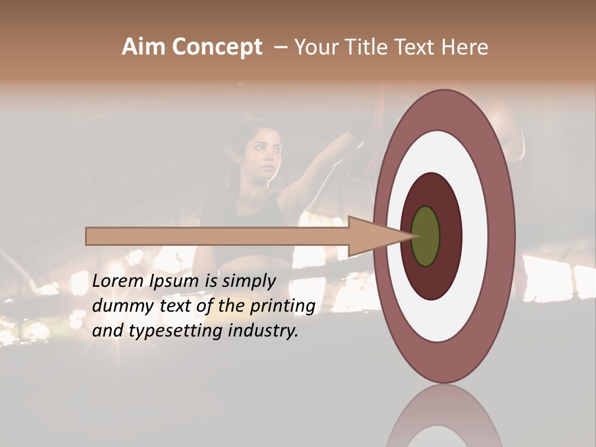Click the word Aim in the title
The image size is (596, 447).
(x=143, y=47)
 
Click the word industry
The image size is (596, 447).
(x=263, y=331)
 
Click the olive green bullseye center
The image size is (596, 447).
(x=425, y=237)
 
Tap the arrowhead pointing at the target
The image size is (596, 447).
(x=379, y=237)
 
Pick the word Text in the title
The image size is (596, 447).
(x=417, y=47)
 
